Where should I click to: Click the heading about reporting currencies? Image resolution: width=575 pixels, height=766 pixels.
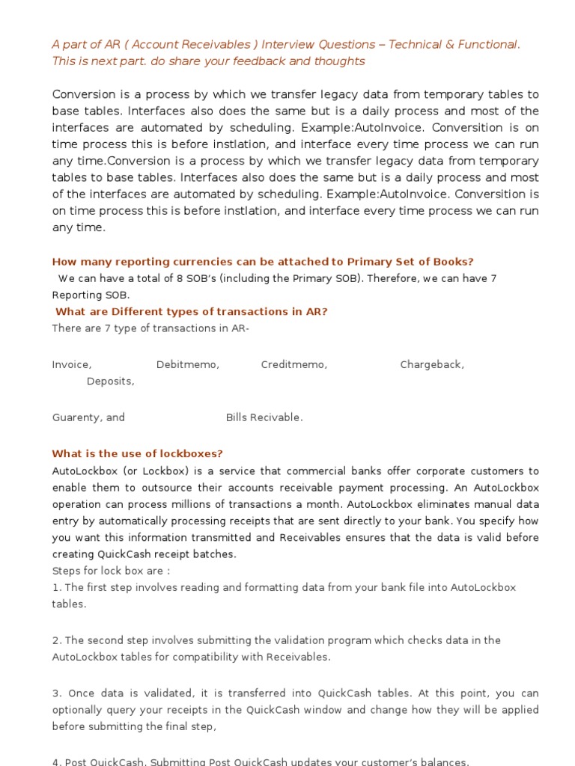263,262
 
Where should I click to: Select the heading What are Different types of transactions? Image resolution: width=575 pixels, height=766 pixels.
192,312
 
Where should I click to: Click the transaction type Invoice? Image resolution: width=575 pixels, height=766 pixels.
71,365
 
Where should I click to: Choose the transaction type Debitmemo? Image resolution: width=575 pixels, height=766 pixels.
187,365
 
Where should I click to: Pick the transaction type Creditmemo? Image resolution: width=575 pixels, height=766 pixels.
293,365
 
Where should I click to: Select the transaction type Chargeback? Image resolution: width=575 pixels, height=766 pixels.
431,365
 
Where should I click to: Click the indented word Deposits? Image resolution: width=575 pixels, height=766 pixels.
110,382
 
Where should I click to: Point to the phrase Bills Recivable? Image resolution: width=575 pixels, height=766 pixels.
264,417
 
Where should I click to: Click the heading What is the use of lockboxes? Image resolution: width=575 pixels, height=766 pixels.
137,454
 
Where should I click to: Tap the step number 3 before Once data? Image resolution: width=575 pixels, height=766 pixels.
55,694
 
